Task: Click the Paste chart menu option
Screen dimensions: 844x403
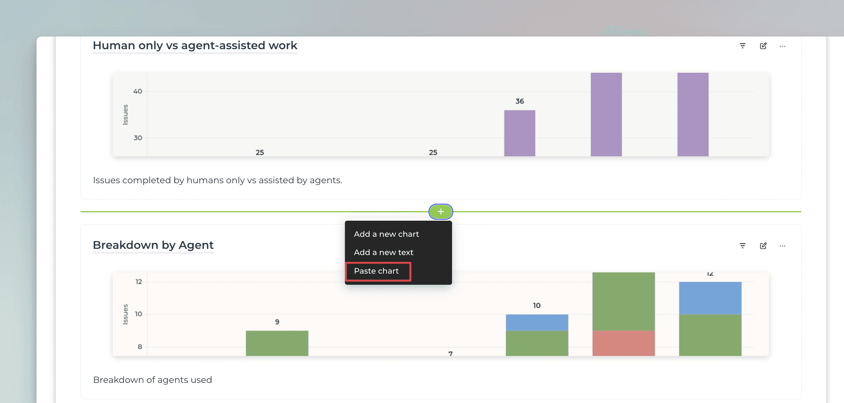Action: click(x=376, y=271)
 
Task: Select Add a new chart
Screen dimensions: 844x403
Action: click(x=386, y=234)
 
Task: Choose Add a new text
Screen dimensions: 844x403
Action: click(x=383, y=252)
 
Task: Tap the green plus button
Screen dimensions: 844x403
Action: click(x=441, y=212)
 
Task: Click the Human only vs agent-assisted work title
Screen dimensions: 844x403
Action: click(x=195, y=45)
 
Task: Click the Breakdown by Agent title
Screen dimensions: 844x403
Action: click(x=153, y=245)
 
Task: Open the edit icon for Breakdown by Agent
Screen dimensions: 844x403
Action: click(x=763, y=246)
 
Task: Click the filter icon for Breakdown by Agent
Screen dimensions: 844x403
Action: click(x=742, y=246)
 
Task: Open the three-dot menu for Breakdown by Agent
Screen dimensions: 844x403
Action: click(x=782, y=246)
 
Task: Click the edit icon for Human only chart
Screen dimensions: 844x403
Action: click(x=763, y=46)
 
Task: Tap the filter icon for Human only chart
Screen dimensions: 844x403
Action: click(x=742, y=46)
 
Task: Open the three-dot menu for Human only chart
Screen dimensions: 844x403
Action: click(x=782, y=46)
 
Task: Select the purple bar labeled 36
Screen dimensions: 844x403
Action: click(x=519, y=133)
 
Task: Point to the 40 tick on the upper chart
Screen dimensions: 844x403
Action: click(x=137, y=91)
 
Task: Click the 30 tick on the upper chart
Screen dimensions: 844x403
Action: click(x=137, y=138)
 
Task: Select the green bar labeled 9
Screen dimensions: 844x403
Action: click(x=277, y=343)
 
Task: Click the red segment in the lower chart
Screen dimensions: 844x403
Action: click(x=624, y=343)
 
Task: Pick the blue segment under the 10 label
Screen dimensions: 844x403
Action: click(x=537, y=323)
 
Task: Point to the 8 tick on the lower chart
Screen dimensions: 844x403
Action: click(x=140, y=347)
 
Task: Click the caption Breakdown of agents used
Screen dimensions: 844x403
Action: click(x=152, y=380)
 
